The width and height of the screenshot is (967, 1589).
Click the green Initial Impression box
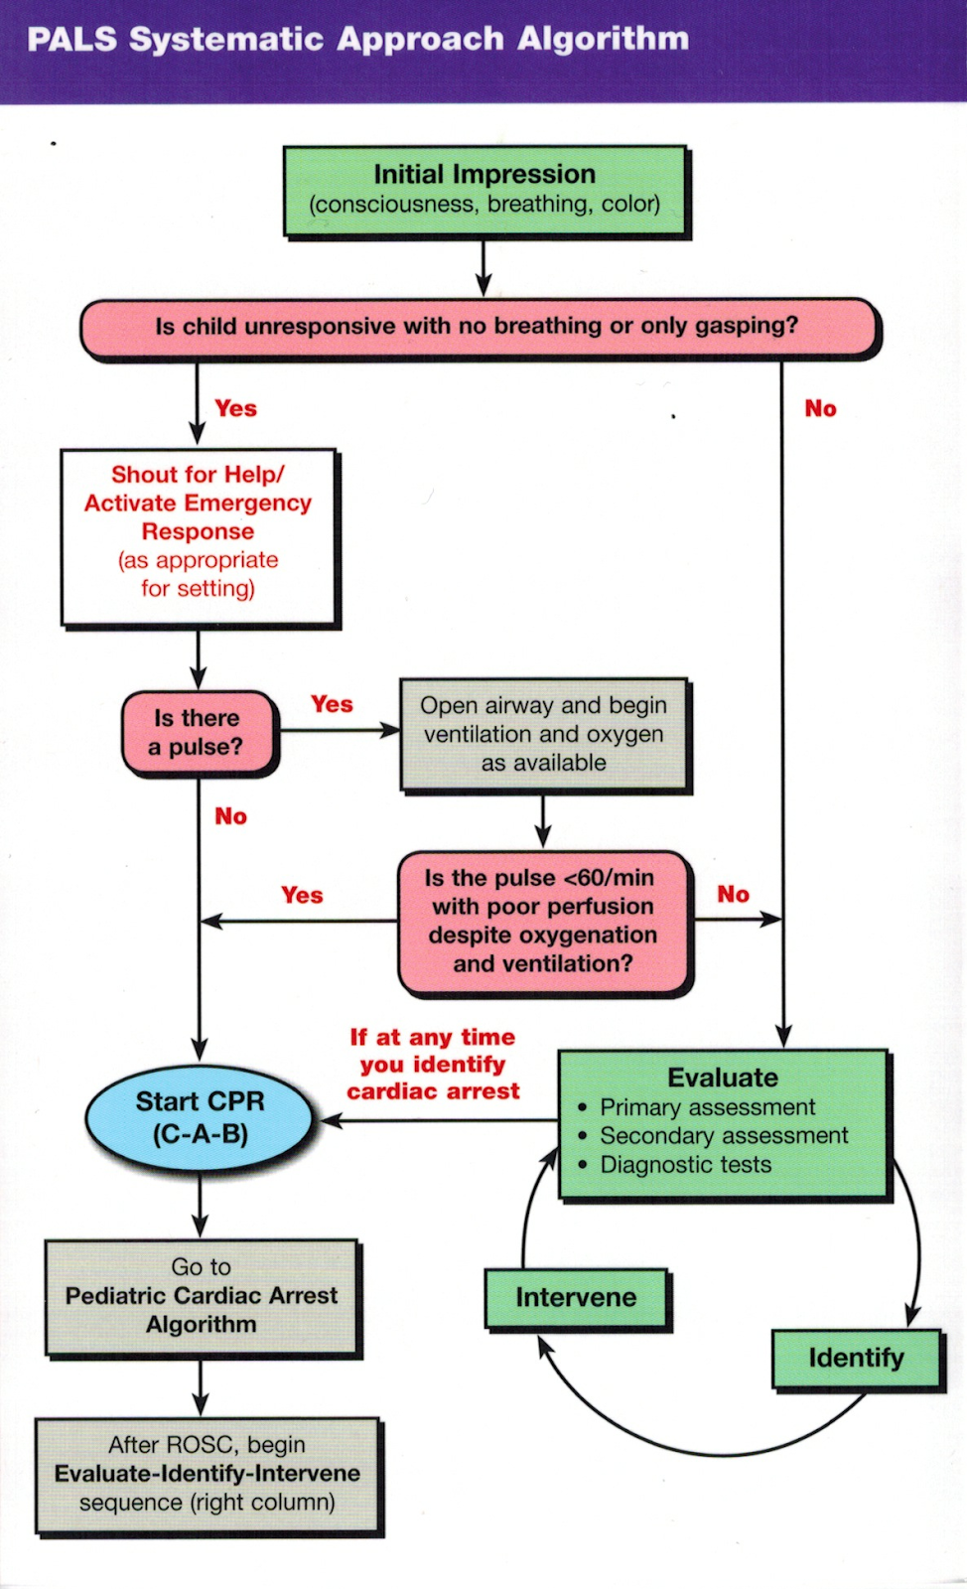[x=485, y=191]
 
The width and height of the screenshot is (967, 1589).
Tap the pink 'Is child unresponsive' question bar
[x=480, y=329]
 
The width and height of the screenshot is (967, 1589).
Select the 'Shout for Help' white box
[x=200, y=537]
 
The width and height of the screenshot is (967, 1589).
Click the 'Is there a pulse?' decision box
[x=200, y=733]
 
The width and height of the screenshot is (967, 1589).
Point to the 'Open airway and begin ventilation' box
[x=544, y=734]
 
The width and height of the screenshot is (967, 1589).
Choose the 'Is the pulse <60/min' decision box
[x=544, y=922]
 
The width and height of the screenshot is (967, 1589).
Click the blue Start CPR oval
[x=200, y=1118]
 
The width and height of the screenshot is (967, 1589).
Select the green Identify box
[x=857, y=1358]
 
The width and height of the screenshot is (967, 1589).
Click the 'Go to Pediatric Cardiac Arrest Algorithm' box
[x=203, y=1297]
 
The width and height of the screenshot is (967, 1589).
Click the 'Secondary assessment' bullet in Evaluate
[x=724, y=1136]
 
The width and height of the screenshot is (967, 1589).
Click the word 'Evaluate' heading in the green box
[x=723, y=1078]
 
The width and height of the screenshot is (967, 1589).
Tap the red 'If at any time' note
[x=433, y=1064]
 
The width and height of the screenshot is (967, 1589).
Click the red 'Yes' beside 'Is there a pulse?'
[x=332, y=704]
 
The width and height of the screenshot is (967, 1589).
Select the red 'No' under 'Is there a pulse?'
[x=231, y=816]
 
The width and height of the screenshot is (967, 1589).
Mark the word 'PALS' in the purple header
[x=71, y=39]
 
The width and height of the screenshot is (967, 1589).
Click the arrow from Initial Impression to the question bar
[x=483, y=267]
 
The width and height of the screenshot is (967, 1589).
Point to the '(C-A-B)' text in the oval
[x=201, y=1134]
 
